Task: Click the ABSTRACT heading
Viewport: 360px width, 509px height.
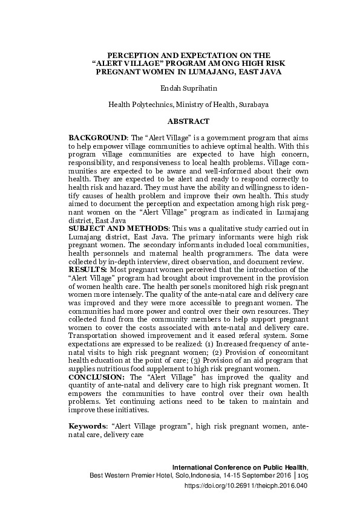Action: coord(188,122)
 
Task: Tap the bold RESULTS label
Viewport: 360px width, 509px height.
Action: coord(88,269)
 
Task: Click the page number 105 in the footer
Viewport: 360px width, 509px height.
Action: coord(303,476)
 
